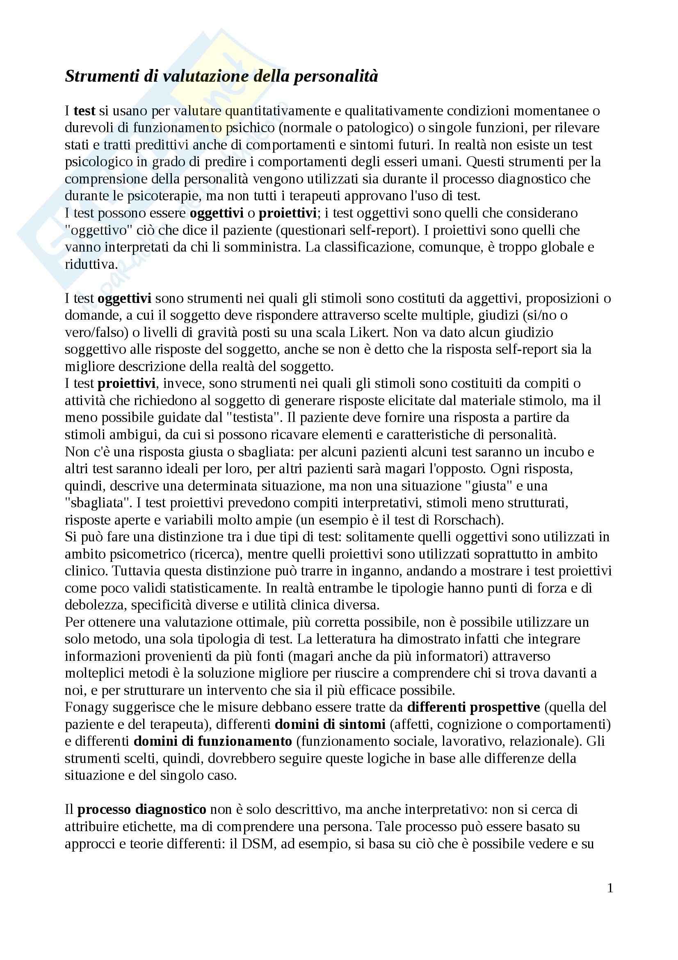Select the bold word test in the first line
coord(84,111)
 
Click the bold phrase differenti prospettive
coord(474,707)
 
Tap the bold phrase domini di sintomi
coord(330,724)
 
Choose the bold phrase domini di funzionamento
coord(212,741)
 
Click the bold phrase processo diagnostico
coord(142,809)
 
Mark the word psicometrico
coord(148,554)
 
